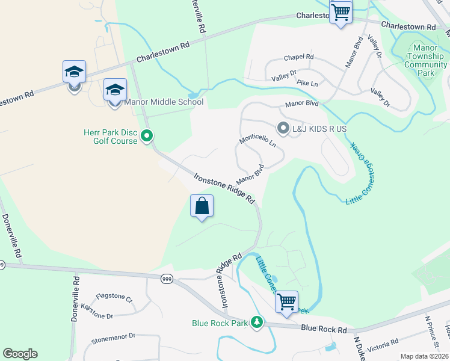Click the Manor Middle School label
164,102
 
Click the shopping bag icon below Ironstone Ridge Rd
202,206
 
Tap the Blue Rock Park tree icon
257,322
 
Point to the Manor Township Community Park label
426,60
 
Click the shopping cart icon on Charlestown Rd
341,11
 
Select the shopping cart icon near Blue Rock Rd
286,301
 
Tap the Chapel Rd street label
299,57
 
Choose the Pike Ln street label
307,82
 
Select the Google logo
20,354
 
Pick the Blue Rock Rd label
324,329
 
